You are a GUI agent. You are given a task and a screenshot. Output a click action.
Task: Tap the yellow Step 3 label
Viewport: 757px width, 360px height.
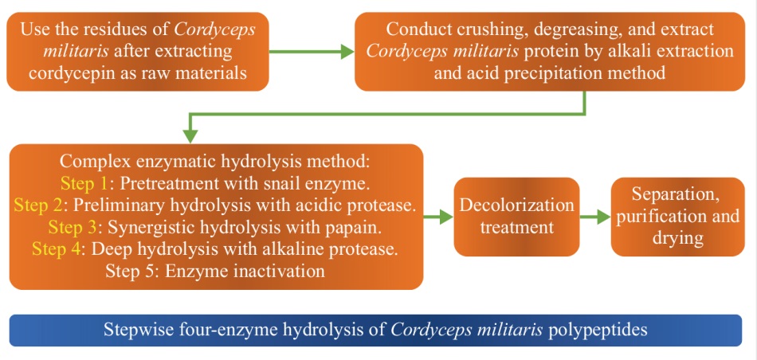73,228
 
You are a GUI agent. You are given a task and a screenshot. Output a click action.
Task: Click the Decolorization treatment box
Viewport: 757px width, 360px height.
516,217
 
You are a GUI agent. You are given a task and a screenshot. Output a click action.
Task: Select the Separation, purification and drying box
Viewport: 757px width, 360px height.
678,217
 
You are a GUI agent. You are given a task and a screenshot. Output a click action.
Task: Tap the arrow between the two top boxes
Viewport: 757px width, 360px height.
312,51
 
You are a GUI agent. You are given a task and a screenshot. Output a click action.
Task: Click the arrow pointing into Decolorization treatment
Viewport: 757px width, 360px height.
438,217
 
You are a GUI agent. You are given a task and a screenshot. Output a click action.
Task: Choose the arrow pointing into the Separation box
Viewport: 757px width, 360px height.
594,217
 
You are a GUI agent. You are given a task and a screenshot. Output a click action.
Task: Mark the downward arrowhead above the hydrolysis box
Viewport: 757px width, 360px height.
190,135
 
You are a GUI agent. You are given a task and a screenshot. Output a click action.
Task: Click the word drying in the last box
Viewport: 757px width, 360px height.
678,238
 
